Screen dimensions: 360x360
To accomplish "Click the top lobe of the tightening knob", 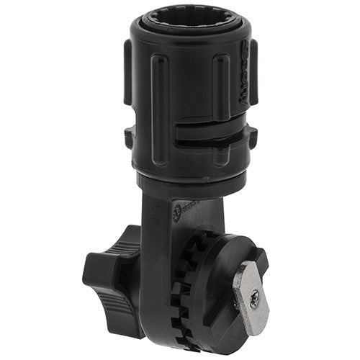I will [130, 238].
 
